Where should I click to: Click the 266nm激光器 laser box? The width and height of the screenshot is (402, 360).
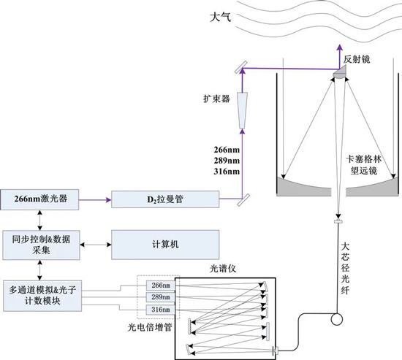coord(39,199)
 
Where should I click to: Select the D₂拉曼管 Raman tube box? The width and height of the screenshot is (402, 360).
coord(165,199)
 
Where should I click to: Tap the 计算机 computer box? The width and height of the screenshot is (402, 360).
coord(165,245)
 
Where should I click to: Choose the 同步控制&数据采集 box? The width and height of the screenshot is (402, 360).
coord(41,245)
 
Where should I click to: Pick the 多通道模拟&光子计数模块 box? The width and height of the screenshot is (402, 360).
coord(42,296)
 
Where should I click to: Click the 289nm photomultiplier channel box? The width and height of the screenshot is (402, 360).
coord(161,297)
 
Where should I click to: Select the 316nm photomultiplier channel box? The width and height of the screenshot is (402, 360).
coord(161,310)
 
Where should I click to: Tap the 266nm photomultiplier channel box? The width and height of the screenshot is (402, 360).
coord(161,286)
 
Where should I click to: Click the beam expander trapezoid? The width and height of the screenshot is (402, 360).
coord(243,110)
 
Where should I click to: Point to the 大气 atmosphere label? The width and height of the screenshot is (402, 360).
coord(220,18)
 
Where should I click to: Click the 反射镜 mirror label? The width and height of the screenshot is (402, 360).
coord(357,59)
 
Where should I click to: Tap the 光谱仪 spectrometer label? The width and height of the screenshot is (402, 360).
coord(222,269)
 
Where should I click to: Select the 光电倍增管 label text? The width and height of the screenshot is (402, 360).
coord(150,327)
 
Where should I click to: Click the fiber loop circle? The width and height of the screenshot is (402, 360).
coord(337,319)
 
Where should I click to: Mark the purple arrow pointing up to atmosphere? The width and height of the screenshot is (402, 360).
coord(340,57)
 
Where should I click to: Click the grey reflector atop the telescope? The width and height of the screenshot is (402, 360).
coord(340,72)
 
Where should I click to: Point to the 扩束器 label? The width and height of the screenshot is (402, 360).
coord(216,99)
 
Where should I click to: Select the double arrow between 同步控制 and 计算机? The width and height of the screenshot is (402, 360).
coord(96,245)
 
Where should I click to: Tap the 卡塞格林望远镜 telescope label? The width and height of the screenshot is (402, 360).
coord(364,164)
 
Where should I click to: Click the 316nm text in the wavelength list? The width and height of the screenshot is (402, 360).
coord(227,171)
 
